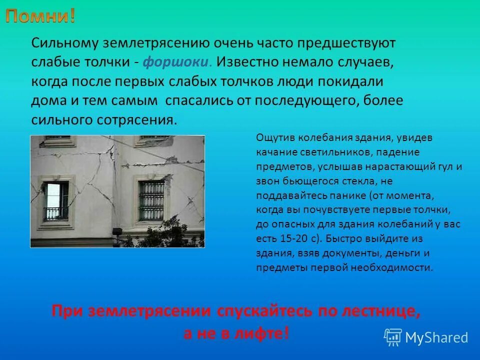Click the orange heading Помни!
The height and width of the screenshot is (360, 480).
tap(41, 16)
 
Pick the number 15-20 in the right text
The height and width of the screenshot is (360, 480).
tap(290, 238)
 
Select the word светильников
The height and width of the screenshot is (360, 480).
tap(336, 151)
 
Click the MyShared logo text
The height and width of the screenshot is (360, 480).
tap(436, 337)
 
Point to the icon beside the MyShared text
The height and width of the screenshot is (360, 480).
tap(393, 337)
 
